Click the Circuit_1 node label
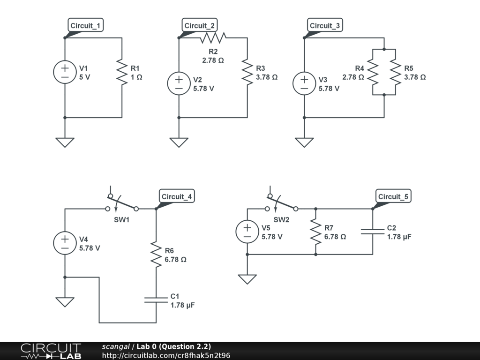point(85,25)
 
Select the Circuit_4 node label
point(177,196)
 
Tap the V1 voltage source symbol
point(65,72)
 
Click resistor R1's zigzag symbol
point(122,72)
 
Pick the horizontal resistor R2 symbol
point(213,37)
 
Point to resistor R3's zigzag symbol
point(247,72)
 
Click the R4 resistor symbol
point(373,72)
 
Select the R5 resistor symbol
point(396,72)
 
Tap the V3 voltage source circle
point(304,83)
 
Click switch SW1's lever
point(122,202)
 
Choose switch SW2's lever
point(282,202)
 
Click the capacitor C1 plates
point(156,300)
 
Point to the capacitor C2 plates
point(373,232)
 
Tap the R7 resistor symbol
point(315,232)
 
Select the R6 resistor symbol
point(156,255)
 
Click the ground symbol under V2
point(179,142)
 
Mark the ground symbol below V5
point(247,279)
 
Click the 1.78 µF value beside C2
point(399,237)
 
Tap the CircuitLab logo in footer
point(51,351)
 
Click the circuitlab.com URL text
point(166,355)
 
